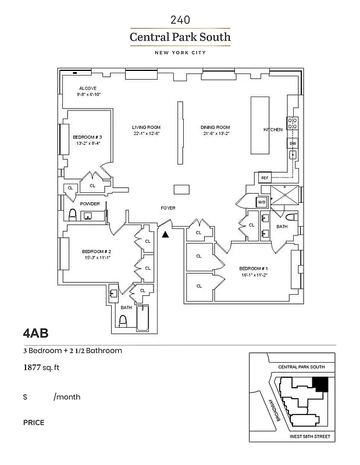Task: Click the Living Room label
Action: point(146,127)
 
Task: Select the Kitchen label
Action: point(273,129)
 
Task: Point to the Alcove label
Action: point(88,88)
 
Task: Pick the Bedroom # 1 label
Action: point(253,268)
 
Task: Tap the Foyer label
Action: point(168,208)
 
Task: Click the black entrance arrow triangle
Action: point(165,234)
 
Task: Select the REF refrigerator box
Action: point(263,177)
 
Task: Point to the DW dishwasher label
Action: point(293,143)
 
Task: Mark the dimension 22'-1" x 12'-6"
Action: point(146,134)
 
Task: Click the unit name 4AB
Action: point(35,334)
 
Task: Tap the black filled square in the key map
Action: point(321,384)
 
